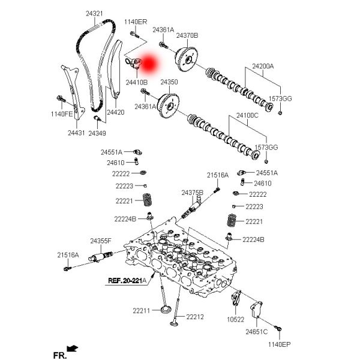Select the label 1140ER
coord(136,22)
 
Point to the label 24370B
coord(187,35)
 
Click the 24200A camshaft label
coord(263,66)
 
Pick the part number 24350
coord(169,82)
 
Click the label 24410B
coord(137,82)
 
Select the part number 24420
coord(116,112)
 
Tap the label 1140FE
coord(62,114)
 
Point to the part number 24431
coord(76,133)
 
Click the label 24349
coord(97,133)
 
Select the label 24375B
coord(193,193)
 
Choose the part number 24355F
coord(101,241)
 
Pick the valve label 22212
coord(195,317)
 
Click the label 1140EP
coord(279,344)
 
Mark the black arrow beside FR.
coord(73,348)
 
